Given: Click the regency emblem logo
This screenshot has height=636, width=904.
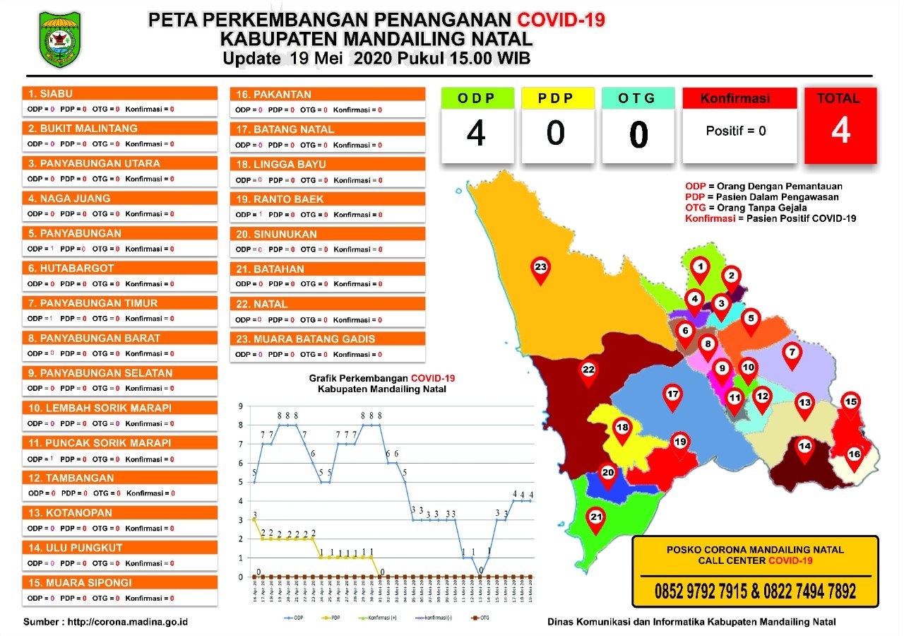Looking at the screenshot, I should [60, 39].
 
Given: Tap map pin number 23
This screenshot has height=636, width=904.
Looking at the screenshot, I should [540, 269].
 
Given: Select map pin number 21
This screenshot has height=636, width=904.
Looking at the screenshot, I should [596, 519].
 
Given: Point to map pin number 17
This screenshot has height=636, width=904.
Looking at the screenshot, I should [673, 396].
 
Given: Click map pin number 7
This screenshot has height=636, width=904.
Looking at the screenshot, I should [792, 353].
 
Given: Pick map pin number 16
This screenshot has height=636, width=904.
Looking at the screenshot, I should [854, 456].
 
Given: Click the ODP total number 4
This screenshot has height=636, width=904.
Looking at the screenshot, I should [476, 134].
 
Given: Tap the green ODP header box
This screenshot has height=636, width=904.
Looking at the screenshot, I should [477, 98].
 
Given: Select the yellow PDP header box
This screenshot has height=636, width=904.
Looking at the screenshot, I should [557, 98].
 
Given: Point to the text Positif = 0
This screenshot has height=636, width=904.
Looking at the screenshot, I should [736, 131].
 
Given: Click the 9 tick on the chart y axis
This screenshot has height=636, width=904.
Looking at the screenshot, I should [241, 406].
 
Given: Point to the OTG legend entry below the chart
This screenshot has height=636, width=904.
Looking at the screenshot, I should [484, 617].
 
